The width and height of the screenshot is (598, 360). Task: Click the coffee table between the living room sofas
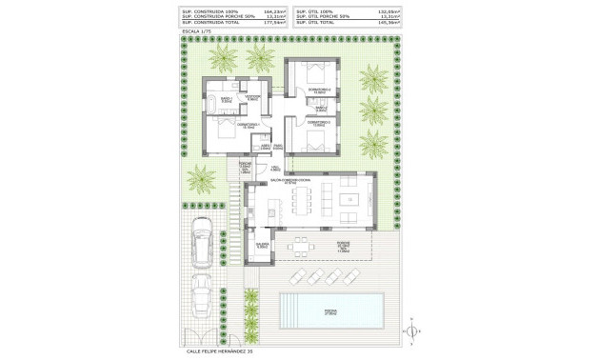tap(352, 198)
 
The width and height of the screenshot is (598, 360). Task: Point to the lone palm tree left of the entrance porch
tap(202, 177)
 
